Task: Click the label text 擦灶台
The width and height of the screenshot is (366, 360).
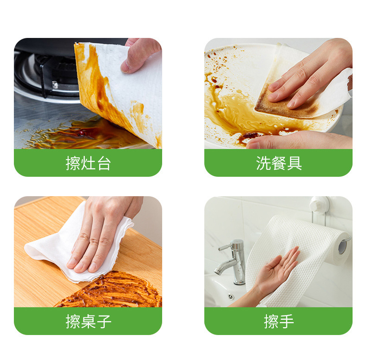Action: click(x=88, y=163)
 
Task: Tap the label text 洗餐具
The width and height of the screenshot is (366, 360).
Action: click(x=278, y=163)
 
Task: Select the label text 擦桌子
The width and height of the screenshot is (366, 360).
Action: click(x=88, y=322)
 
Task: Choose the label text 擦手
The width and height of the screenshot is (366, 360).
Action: click(x=278, y=322)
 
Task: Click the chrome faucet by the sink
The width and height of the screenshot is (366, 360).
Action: click(x=234, y=262)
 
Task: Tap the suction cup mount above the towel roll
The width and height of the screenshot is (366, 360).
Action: click(x=319, y=204)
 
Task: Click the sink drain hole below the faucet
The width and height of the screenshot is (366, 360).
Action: click(x=230, y=296)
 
